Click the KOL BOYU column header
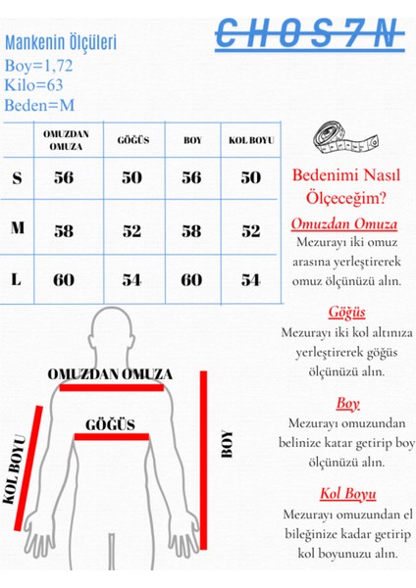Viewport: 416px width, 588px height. [x=250, y=140]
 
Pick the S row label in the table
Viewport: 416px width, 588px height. [x=17, y=178]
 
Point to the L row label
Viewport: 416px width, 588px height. [x=17, y=279]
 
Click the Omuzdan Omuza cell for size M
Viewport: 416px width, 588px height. [x=64, y=230]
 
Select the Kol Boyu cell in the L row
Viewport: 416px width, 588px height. [x=250, y=280]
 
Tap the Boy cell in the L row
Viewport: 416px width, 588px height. [x=191, y=280]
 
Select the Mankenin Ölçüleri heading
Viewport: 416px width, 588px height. [x=61, y=43]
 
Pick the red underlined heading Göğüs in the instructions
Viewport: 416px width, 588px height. [x=346, y=312]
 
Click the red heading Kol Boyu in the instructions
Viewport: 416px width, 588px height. [x=347, y=493]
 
